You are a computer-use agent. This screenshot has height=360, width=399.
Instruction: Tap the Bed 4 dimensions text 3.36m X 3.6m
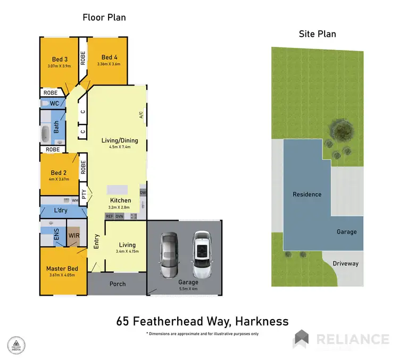point(109,64)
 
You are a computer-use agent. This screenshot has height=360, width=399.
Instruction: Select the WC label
point(54,103)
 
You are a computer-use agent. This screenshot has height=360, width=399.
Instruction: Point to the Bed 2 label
point(59,173)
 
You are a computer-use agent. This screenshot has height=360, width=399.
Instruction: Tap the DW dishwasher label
point(143,192)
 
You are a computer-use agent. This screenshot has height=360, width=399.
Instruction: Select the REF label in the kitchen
point(110,216)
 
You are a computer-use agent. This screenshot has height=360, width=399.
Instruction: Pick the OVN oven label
point(119,216)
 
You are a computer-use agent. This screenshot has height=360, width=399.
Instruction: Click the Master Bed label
point(62,269)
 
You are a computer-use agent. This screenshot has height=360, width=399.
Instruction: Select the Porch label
point(118,283)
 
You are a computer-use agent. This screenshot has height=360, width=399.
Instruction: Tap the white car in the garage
point(202,250)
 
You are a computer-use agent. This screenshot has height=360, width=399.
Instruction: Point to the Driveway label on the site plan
point(345,263)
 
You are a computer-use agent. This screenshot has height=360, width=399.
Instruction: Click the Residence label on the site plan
point(307,194)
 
